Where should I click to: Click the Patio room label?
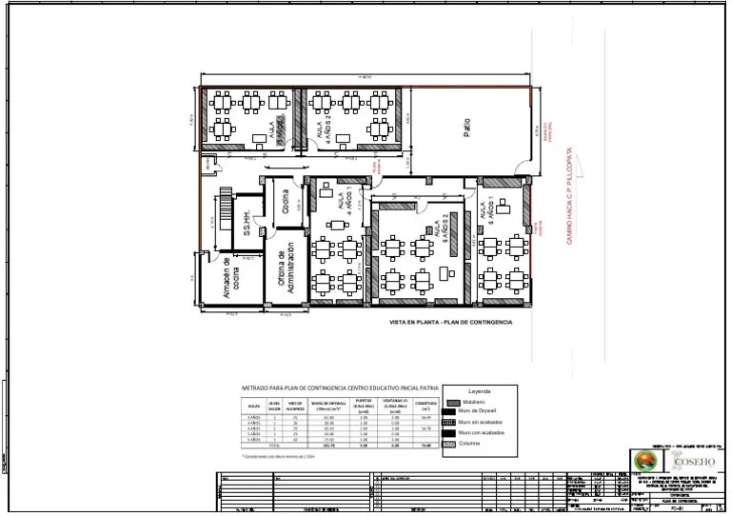click(x=466, y=127)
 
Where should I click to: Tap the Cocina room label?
click(x=284, y=202)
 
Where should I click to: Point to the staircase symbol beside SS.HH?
click(x=226, y=206)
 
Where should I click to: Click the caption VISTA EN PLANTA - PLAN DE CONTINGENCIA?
click(x=450, y=323)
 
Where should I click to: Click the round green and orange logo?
click(x=643, y=463)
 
